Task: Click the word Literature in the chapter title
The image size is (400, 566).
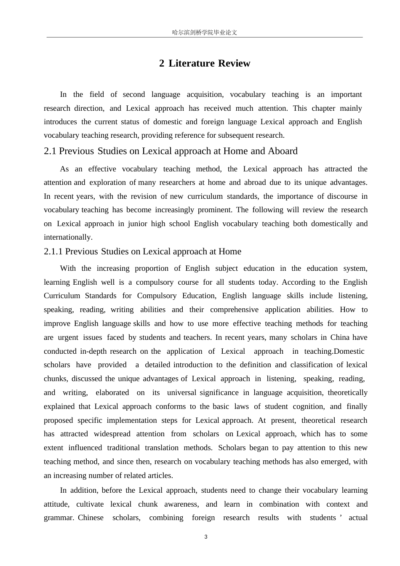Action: pos(192,63)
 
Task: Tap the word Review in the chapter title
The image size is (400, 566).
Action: pos(234,63)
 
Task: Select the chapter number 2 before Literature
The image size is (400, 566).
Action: pos(162,63)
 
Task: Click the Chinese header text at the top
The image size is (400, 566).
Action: pos(205,32)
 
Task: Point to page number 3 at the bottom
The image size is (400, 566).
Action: pos(205,537)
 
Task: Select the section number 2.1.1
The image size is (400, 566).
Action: pos(53,251)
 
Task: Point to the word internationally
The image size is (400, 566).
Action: pos(68,237)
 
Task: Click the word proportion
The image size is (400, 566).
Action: pos(152,268)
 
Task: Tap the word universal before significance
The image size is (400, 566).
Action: pos(181,392)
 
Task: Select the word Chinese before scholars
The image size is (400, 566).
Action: pos(91,518)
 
